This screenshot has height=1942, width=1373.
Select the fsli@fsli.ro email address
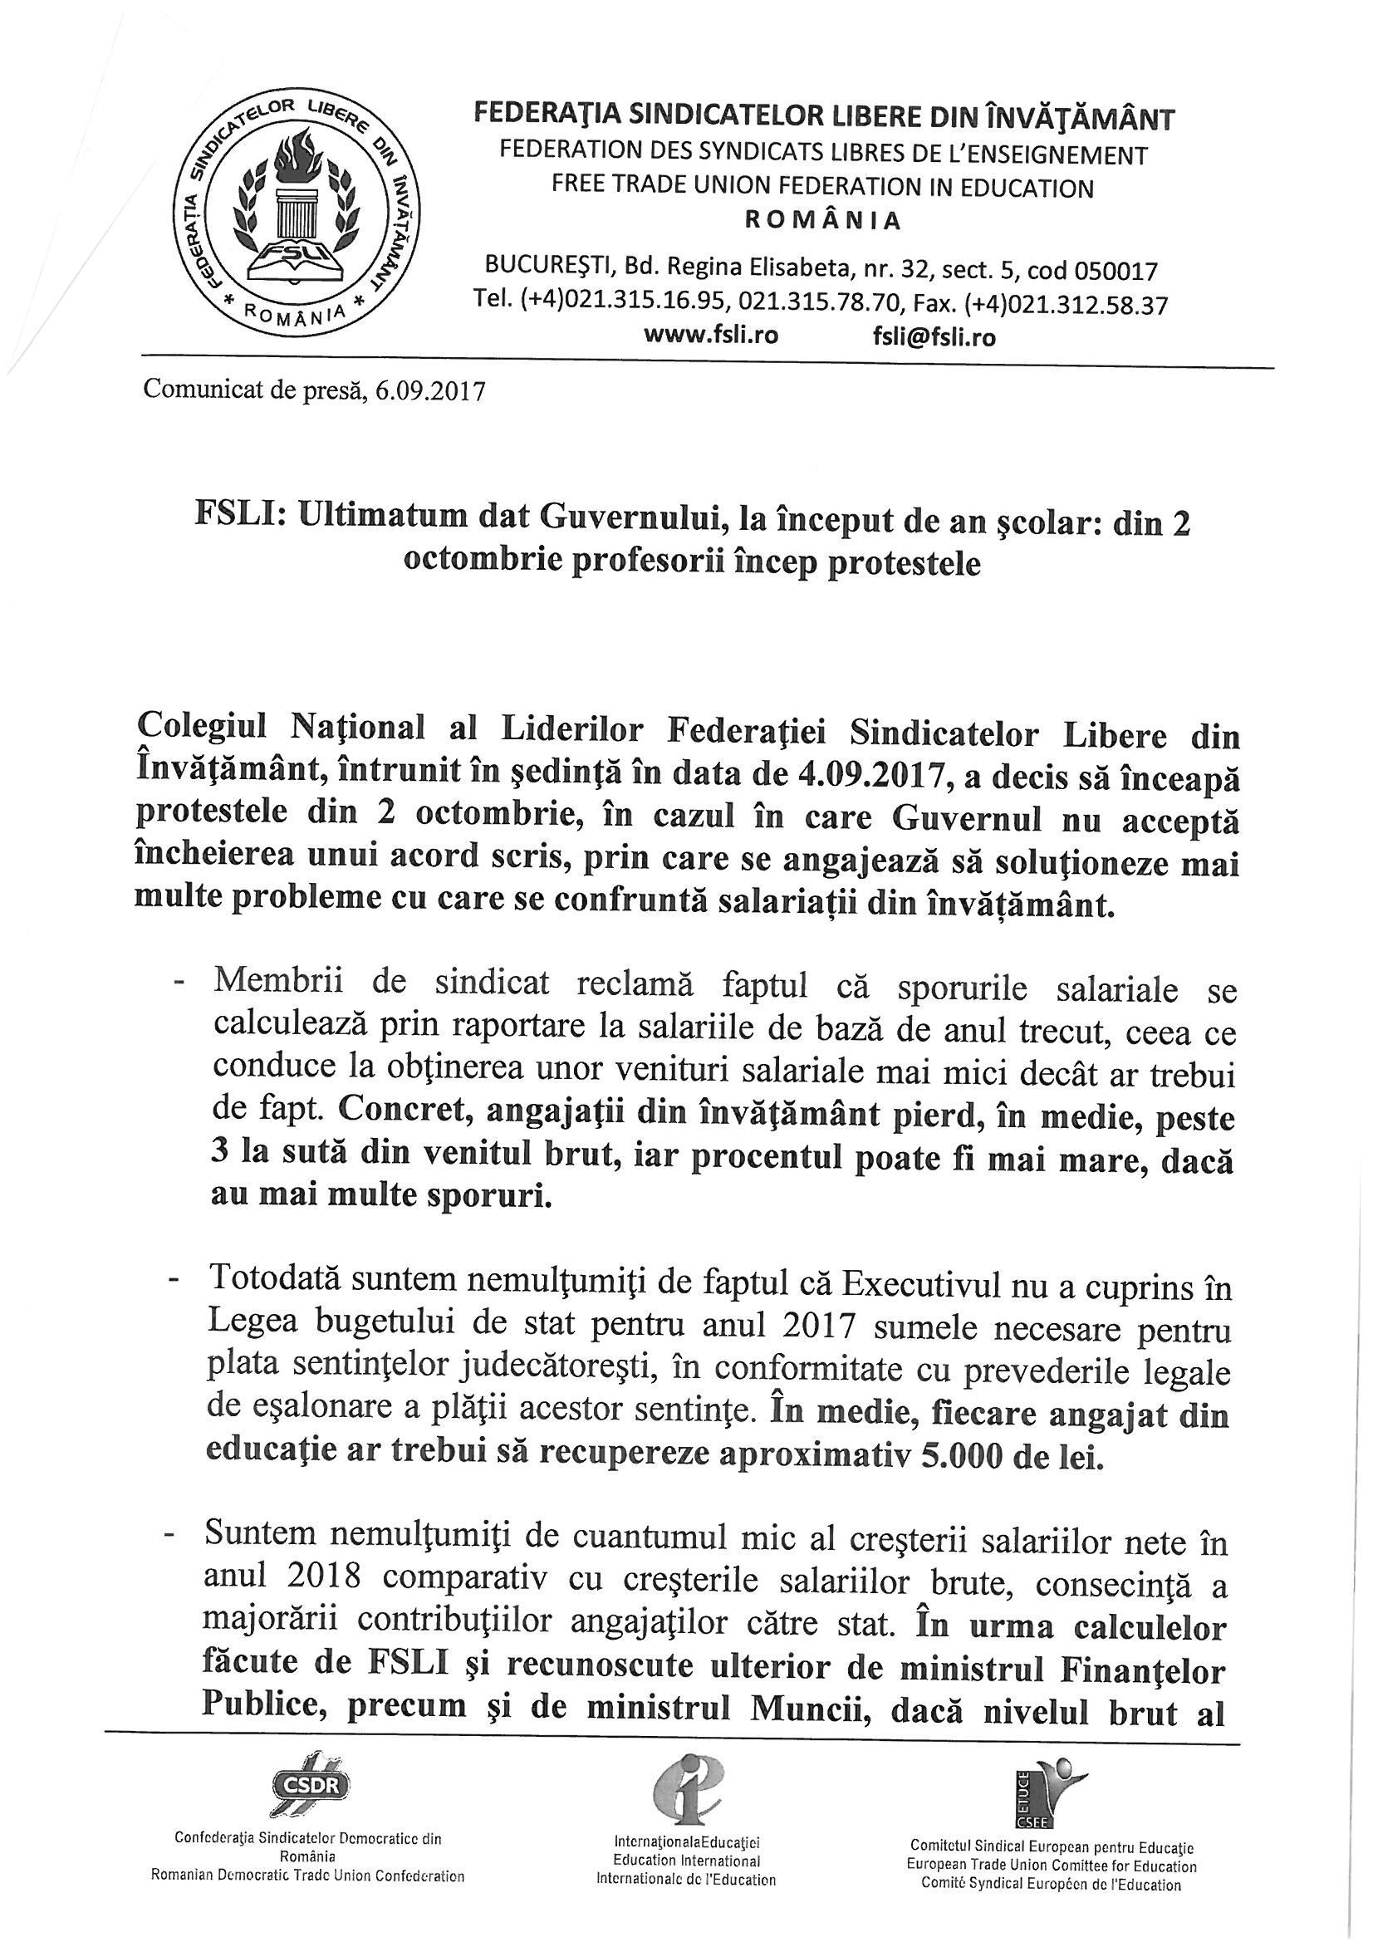pyautogui.click(x=934, y=337)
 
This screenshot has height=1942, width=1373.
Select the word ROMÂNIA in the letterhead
pyautogui.click(x=822, y=222)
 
